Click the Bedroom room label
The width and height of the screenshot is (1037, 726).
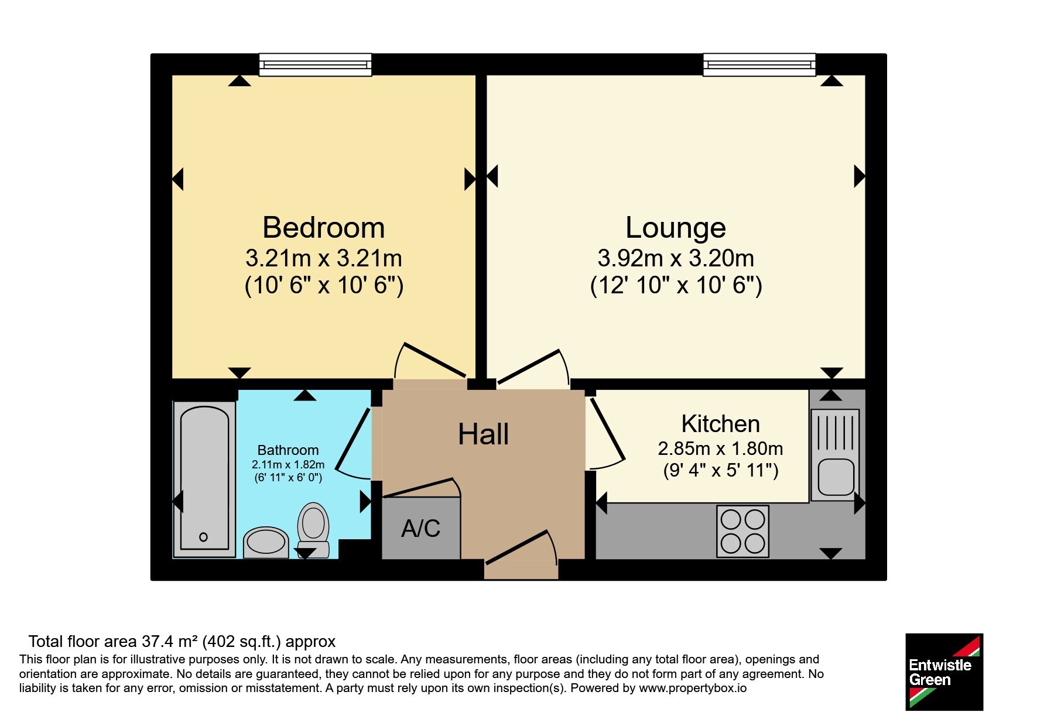(323, 227)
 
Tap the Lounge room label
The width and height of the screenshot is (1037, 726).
(676, 228)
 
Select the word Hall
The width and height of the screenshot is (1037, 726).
(483, 434)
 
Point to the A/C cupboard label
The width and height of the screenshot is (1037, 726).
(420, 528)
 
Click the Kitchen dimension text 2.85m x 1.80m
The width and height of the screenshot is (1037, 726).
(720, 448)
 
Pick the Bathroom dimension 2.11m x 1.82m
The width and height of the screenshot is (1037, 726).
(288, 464)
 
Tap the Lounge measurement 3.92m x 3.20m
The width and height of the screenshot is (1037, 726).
(676, 258)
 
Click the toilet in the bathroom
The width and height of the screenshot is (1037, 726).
(313, 530)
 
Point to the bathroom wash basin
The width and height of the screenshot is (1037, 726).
(266, 542)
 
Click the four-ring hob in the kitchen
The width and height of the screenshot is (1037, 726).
(742, 531)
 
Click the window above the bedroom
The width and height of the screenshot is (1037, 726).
(315, 64)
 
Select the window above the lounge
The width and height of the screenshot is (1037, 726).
(759, 64)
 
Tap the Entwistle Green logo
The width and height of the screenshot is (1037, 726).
(944, 672)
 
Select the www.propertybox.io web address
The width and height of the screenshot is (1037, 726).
(693, 689)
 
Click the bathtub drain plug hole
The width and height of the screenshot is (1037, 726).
(203, 537)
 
